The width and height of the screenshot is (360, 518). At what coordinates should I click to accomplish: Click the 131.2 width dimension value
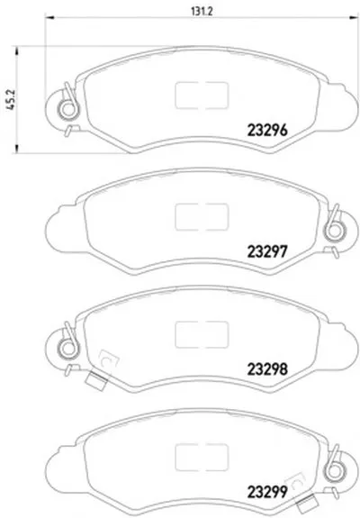pos(202,11)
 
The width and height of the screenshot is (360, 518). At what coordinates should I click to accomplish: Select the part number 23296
pos(267,131)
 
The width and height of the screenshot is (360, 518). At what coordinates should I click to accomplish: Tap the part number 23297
pos(267,252)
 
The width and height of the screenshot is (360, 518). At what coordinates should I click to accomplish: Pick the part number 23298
pos(267,369)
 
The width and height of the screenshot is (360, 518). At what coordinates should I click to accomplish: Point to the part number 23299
pos(267,493)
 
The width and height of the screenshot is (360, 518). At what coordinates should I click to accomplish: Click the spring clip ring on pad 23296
pos(68,110)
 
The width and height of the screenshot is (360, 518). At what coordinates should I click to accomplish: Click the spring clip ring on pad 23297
pos(334,231)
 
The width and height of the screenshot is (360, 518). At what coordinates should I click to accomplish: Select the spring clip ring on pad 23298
pos(68,348)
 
